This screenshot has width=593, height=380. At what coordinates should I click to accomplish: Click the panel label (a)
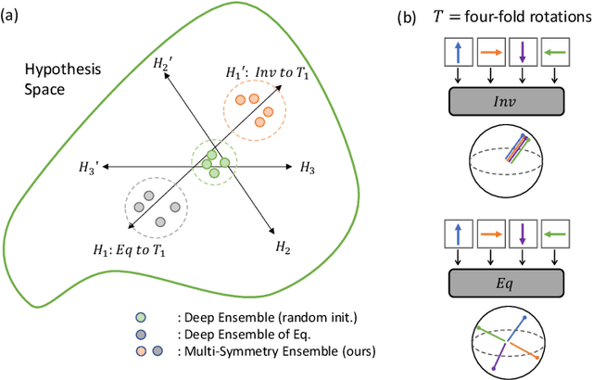coord(14,16)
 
